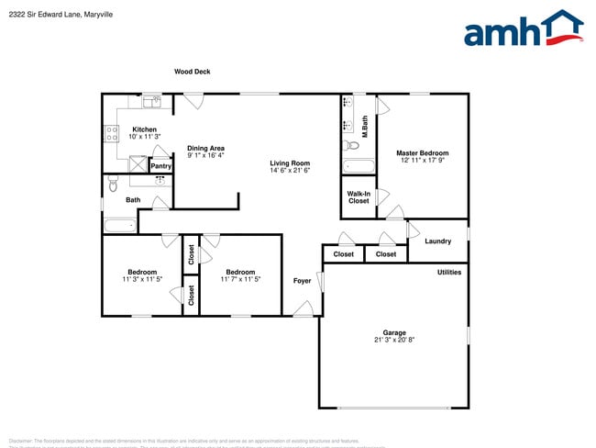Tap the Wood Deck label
[x=193, y=72]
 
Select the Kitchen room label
[x=144, y=129]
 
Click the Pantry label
[x=160, y=166]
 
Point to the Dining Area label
[x=205, y=148]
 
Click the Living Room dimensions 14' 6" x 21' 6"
[x=291, y=171]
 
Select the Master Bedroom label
[x=422, y=153]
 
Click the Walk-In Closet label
[x=359, y=197]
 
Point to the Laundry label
[x=438, y=241]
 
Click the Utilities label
[x=449, y=272]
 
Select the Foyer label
[x=302, y=280]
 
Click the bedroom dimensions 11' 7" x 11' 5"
[x=240, y=279]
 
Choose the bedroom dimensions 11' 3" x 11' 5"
[x=142, y=279]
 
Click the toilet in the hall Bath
[x=112, y=185]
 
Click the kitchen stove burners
[x=112, y=134]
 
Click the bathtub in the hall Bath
[x=119, y=225]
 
